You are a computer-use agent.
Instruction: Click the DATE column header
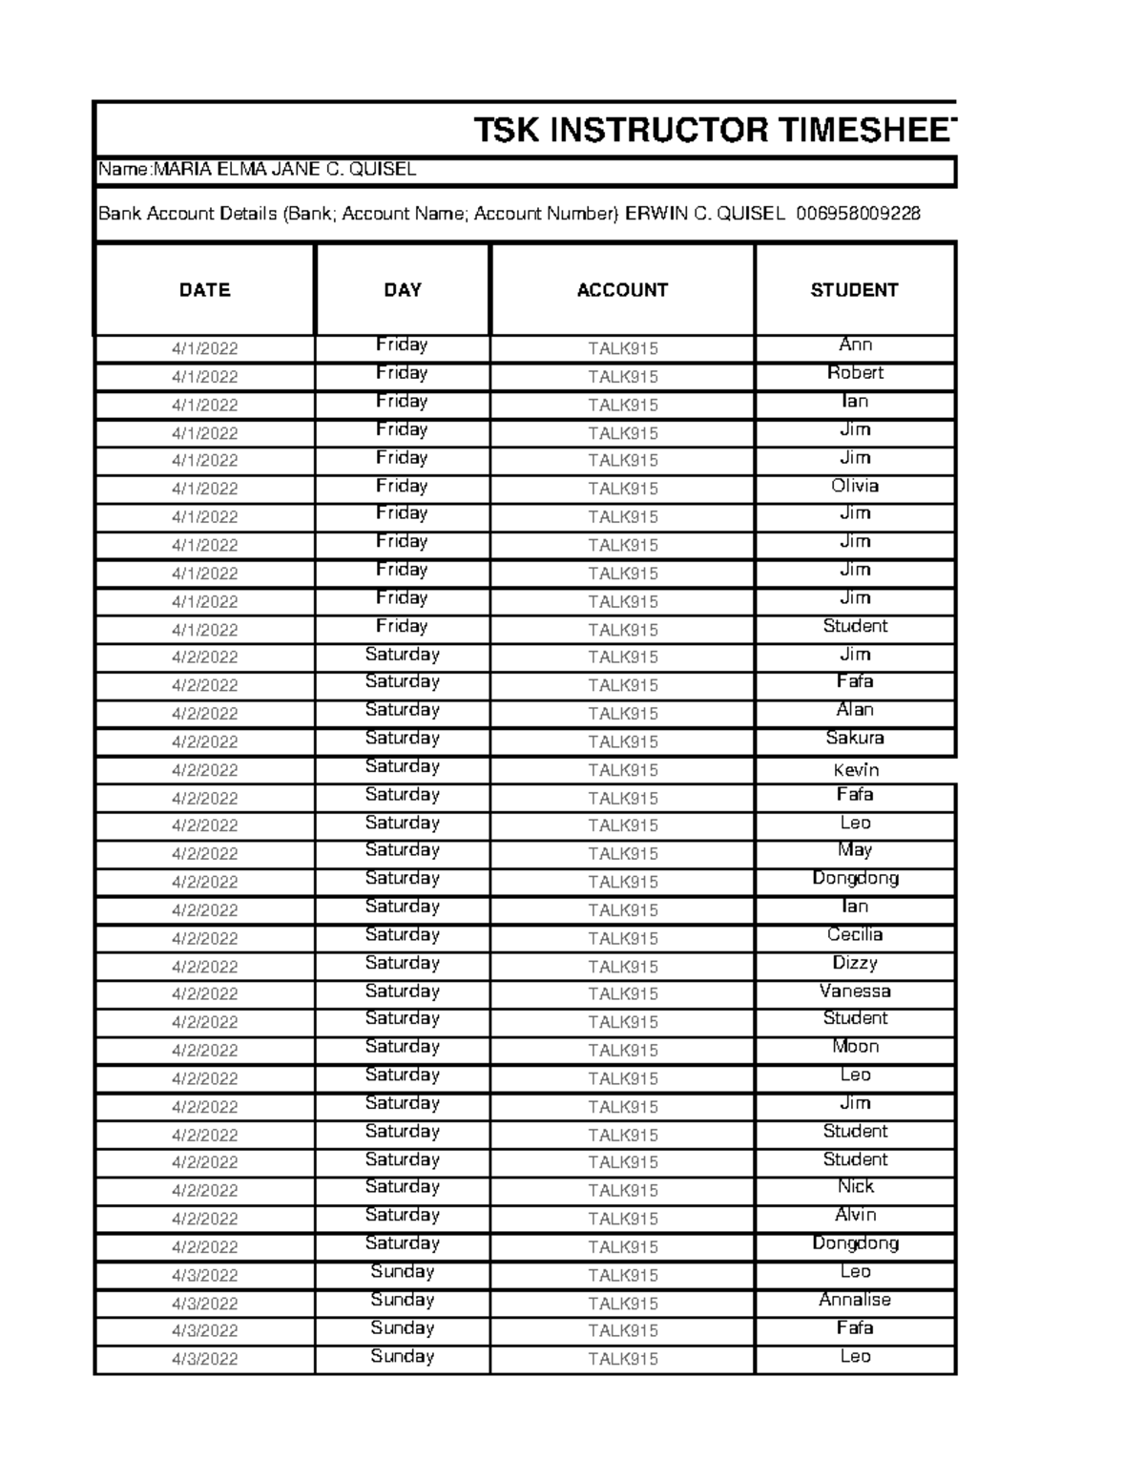(x=204, y=290)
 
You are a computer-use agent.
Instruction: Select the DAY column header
(x=402, y=290)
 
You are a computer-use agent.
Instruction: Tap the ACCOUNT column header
(x=622, y=290)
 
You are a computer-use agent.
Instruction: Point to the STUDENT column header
(x=854, y=290)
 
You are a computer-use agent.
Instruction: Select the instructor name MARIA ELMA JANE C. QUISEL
(x=284, y=170)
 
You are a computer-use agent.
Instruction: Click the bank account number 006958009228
(x=858, y=214)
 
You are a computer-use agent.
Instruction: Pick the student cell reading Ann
(x=855, y=344)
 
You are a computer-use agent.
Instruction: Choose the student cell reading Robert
(x=855, y=373)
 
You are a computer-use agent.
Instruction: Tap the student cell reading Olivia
(x=855, y=486)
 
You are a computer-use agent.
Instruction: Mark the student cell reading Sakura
(x=855, y=738)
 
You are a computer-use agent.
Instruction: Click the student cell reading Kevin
(x=855, y=770)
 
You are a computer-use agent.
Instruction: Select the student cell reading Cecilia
(x=855, y=935)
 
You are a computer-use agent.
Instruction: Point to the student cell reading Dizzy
(x=855, y=963)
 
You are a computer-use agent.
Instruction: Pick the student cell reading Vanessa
(x=855, y=991)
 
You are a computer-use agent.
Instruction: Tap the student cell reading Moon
(x=855, y=1047)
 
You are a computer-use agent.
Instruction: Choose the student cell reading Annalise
(x=855, y=1300)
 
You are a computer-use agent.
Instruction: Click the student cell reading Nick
(x=855, y=1187)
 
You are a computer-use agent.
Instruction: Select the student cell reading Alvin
(x=855, y=1215)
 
